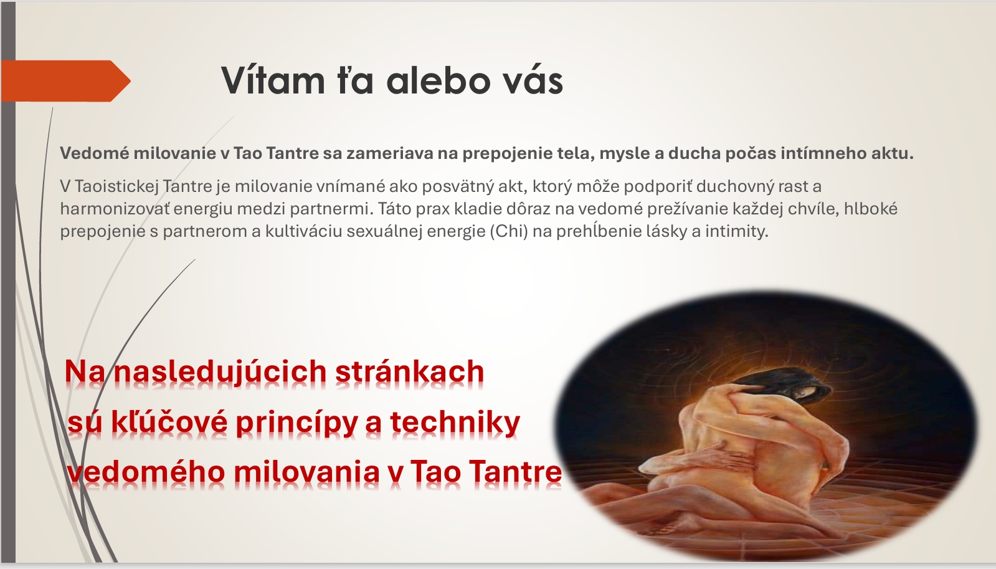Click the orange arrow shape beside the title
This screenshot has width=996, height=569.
pos(65,81)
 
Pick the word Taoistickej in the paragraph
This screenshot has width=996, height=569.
pos(116,186)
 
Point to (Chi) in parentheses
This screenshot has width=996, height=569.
pos(509,231)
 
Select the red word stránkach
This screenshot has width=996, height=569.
pos(409,371)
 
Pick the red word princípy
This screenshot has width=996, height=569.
pos(296,423)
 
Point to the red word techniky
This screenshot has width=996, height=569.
pos(455,422)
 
